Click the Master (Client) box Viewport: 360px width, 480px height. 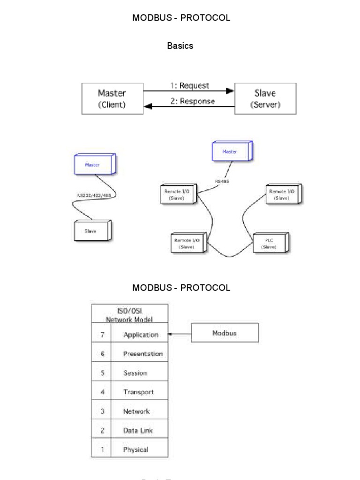(x=112, y=98)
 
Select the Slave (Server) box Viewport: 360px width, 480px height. (x=265, y=98)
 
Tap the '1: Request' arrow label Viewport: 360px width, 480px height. (x=189, y=86)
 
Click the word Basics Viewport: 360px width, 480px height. (x=180, y=46)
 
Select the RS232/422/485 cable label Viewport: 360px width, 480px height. (x=94, y=195)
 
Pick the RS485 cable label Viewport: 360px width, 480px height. (x=222, y=181)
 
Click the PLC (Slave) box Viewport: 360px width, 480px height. (x=270, y=243)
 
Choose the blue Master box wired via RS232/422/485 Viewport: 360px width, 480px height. (x=92, y=165)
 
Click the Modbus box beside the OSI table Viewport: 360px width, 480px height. (x=225, y=333)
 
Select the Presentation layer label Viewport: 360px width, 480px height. (x=142, y=354)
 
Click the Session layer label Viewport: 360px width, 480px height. (x=135, y=373)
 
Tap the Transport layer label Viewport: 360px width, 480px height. (x=138, y=392)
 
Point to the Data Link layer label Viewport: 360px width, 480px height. (x=138, y=430)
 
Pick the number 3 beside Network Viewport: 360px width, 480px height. (x=102, y=411)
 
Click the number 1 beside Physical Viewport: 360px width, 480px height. (x=102, y=450)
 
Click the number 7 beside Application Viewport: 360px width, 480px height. (x=102, y=335)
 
